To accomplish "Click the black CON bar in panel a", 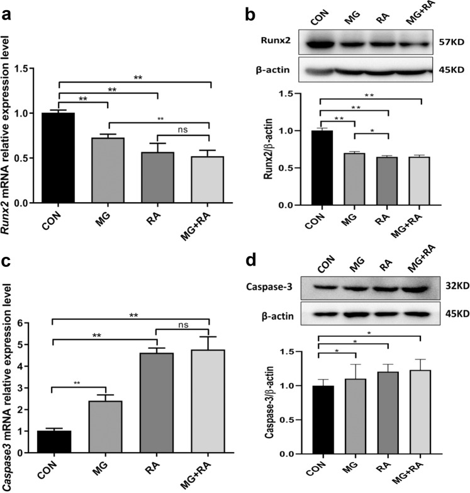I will pyautogui.click(x=58, y=158).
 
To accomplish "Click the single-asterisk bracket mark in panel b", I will pyautogui.click(x=373, y=131).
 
